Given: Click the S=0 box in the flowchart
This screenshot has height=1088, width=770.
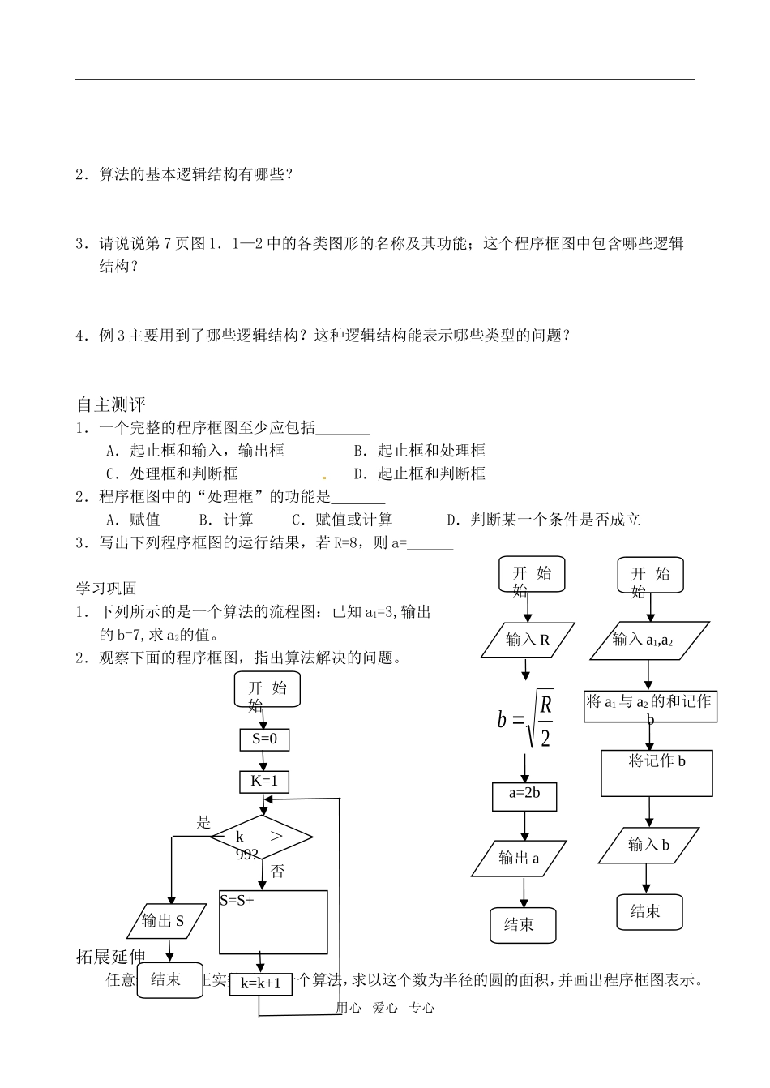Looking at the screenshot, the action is [264, 739].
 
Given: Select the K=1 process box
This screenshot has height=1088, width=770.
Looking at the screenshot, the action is [264, 782].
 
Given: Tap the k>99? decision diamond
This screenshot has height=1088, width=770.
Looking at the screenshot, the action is [261, 838].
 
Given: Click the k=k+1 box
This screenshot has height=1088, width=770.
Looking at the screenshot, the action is [260, 984].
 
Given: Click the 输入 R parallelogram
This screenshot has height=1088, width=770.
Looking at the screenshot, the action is [528, 640].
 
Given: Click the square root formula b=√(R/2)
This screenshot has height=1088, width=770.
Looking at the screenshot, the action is [525, 718].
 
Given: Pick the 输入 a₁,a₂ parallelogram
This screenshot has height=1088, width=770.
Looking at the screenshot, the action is [643, 640].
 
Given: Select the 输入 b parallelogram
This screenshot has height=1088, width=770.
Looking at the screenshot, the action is [648, 846].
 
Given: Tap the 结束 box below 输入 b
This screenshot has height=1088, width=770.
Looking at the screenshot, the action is [649, 911].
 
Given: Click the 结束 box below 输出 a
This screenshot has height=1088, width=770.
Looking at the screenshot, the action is [523, 925].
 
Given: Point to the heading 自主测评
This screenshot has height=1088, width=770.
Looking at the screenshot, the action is [110, 405].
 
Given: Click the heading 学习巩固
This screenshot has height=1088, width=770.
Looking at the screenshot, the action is [106, 589].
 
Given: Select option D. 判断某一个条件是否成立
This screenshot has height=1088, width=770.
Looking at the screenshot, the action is [543, 520].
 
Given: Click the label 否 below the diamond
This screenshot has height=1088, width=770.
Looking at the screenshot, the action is [278, 872].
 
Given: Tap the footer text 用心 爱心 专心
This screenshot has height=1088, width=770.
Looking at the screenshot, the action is [385, 1008].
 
